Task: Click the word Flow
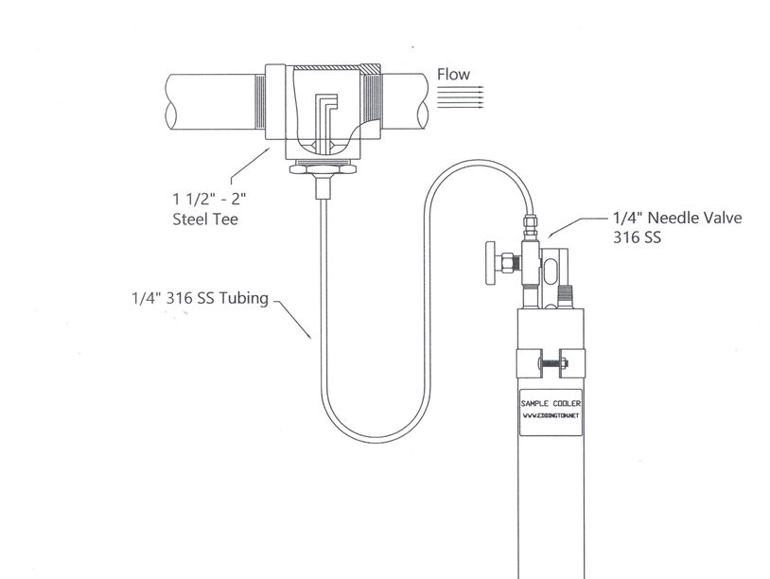(453, 75)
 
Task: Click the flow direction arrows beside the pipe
(460, 96)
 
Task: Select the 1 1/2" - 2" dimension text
(209, 199)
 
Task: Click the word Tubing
(243, 299)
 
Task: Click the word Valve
(724, 218)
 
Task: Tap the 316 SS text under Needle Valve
(637, 237)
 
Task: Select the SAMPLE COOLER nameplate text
(551, 404)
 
